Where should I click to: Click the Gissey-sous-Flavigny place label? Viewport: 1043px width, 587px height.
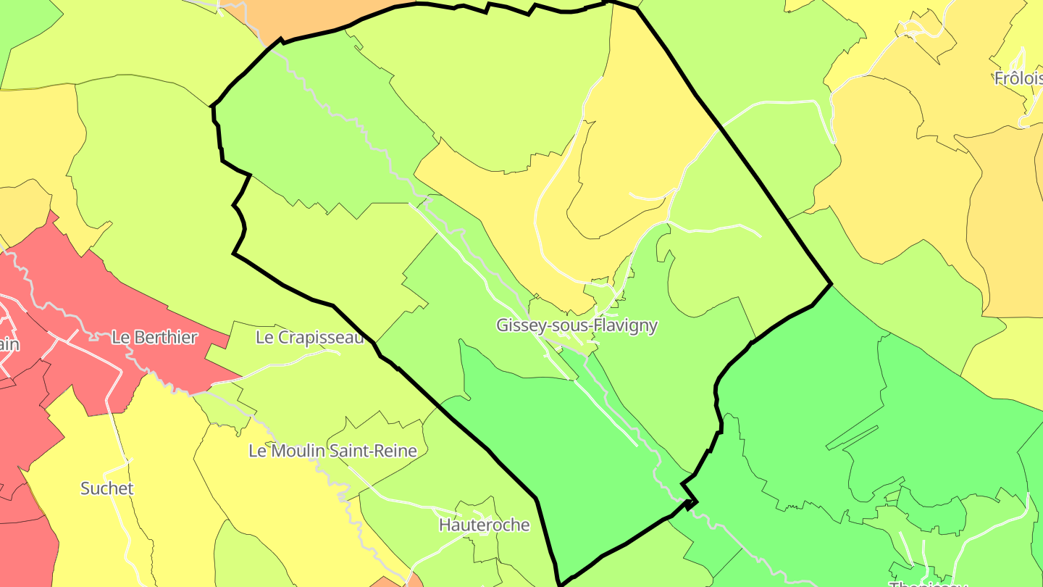[x=577, y=325]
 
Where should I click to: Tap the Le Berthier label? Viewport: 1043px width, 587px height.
[x=154, y=337]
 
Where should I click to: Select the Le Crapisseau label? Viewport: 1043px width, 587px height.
[x=309, y=337]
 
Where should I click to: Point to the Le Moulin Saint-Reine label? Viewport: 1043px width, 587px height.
[x=332, y=451]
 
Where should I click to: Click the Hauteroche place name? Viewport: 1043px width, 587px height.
[x=484, y=525]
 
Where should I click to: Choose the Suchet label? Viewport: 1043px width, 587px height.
[x=106, y=488]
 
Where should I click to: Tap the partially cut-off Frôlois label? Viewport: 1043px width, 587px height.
[x=1018, y=78]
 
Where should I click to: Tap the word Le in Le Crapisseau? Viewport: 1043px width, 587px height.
[x=265, y=337]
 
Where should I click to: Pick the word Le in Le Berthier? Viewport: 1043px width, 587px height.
[x=120, y=337]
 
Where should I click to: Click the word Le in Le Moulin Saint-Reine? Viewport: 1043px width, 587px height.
[x=257, y=451]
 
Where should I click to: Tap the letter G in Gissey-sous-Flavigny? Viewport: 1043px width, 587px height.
[x=502, y=326]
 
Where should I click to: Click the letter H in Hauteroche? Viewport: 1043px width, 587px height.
[x=445, y=525]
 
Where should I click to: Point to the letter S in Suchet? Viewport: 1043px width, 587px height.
[x=85, y=488]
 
